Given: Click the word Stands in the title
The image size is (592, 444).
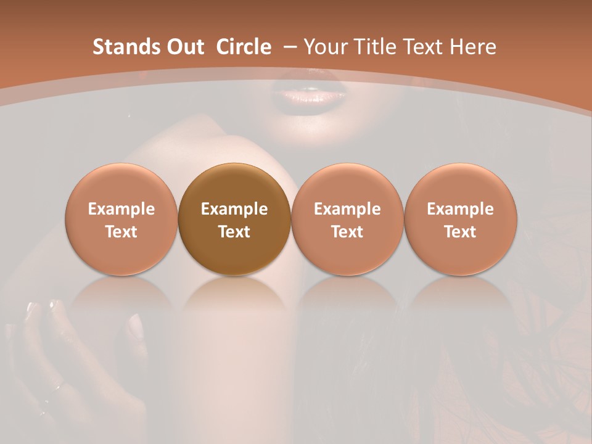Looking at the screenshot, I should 119,47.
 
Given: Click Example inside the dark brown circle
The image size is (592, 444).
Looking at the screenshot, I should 234,210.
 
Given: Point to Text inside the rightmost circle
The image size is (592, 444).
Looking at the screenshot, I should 460,232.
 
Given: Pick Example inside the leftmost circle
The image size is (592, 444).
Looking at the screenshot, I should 121,210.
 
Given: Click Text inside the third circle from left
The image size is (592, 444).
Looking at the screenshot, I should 347,232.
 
